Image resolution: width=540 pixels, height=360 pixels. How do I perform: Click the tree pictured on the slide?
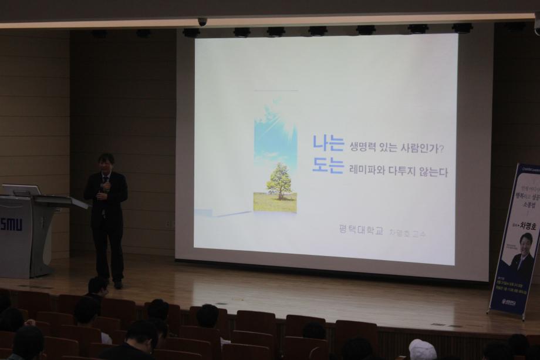[x=279, y=181]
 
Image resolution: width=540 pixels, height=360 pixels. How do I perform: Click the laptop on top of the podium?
[x=21, y=190]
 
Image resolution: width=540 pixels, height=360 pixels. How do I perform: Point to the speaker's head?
[x=106, y=162]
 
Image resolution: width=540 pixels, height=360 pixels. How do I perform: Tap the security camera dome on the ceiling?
[x=203, y=21]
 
